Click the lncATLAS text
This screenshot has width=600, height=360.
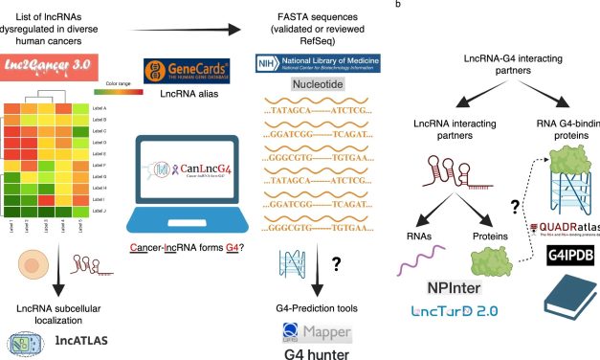74,342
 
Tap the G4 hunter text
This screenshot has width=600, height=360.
312,349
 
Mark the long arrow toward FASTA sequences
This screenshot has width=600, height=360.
195,32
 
